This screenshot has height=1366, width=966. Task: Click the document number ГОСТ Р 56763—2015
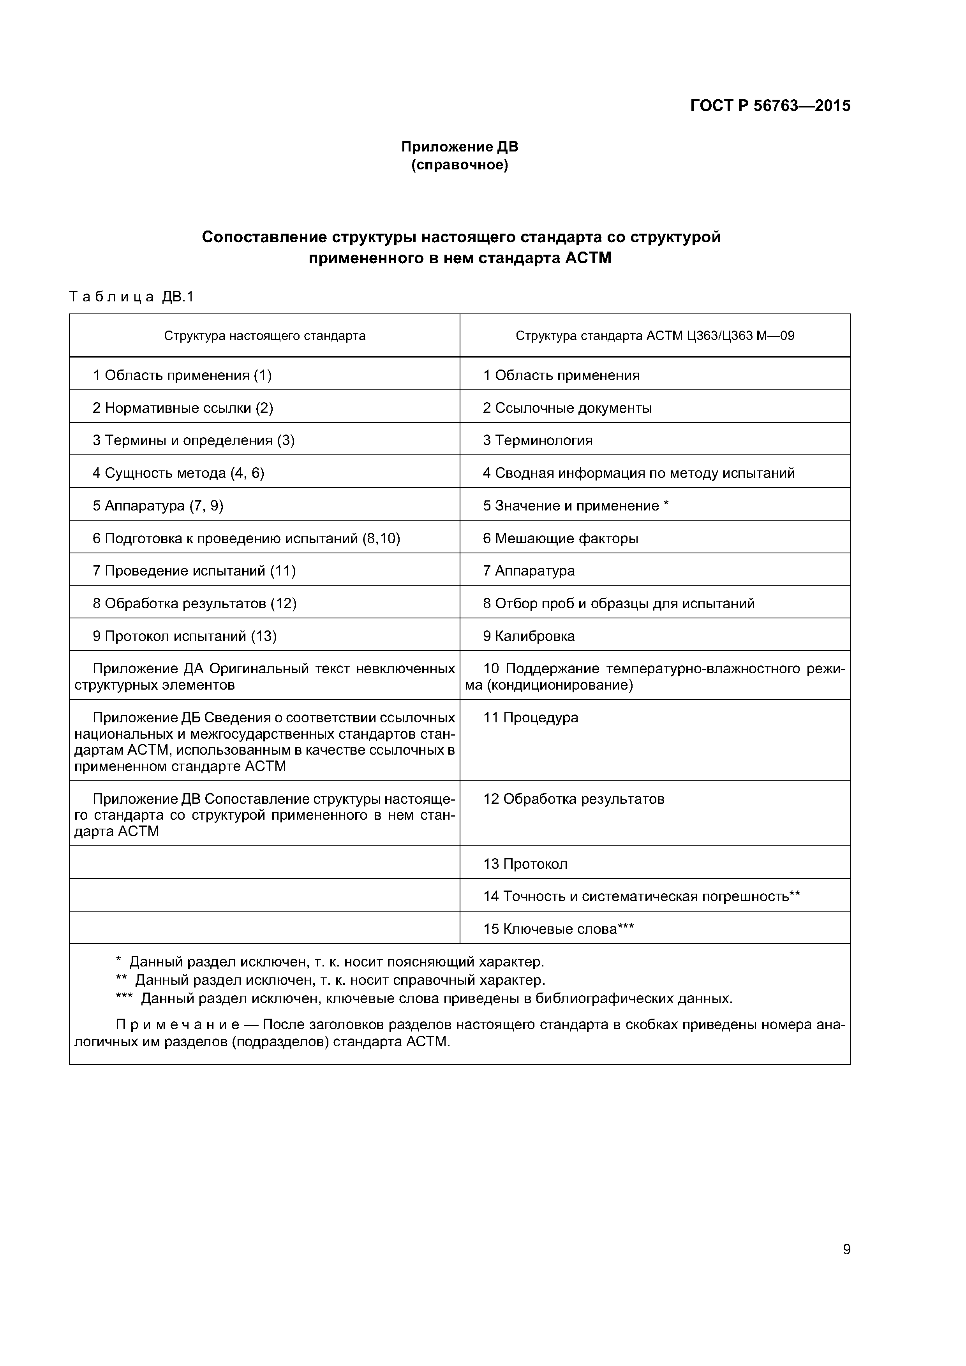(x=770, y=106)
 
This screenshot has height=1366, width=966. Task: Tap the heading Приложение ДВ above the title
(x=460, y=146)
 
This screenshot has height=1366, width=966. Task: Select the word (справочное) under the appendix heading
(x=460, y=165)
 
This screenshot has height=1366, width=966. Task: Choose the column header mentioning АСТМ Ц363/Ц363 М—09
(x=655, y=336)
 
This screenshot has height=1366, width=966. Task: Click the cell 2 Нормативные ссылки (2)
(x=182, y=408)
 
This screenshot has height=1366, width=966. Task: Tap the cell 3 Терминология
(x=538, y=440)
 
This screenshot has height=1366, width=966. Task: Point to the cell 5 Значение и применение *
(x=576, y=506)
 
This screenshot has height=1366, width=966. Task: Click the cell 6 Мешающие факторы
(x=560, y=539)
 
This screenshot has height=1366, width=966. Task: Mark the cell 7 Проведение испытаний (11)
(x=194, y=571)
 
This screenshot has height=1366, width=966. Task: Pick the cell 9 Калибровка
(x=529, y=637)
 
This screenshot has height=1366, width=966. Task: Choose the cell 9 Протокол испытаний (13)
(x=185, y=637)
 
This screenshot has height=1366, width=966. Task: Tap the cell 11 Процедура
(x=530, y=718)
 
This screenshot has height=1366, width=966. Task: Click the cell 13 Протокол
(x=525, y=864)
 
